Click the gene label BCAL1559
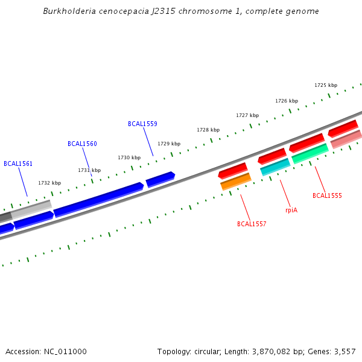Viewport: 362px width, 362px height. pos(142,124)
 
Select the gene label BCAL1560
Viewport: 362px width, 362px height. pos(82,144)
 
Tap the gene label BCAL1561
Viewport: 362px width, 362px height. pos(18,164)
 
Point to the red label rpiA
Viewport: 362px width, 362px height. pos(291,210)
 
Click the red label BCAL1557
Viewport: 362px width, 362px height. pos(252,224)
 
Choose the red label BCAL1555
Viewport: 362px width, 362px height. pos(327,195)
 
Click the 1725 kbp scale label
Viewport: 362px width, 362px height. pos(326,85)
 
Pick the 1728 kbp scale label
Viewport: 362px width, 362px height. pos(208,130)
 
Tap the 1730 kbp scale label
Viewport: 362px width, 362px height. pos(129,157)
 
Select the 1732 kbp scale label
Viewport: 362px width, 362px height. pos(49,183)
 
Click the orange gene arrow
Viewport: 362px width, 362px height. pos(236,181)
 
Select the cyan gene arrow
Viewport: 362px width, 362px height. pos(275,167)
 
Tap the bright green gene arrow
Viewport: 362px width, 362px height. pos(310,153)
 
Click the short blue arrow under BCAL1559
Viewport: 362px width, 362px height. pos(160,179)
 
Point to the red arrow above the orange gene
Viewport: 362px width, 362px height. pos(232,170)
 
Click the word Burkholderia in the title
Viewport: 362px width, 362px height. pos(67,11)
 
